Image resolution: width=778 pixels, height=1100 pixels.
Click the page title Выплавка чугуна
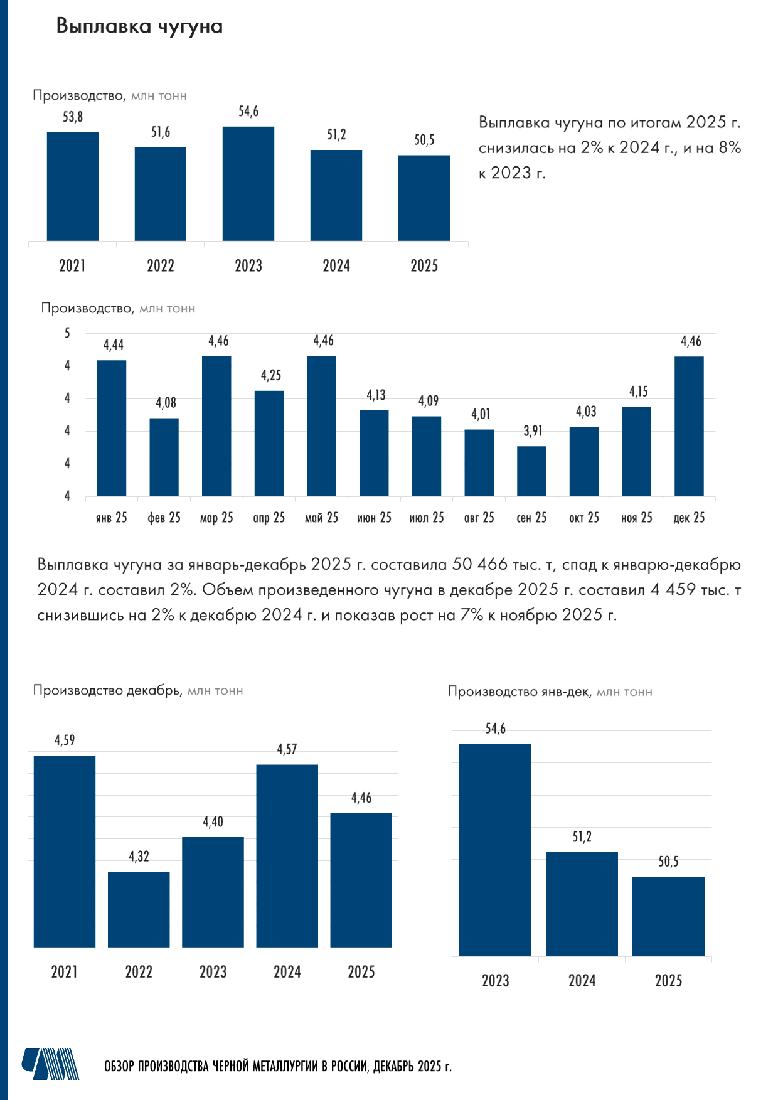click(139, 26)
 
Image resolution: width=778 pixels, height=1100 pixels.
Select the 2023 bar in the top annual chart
click(248, 184)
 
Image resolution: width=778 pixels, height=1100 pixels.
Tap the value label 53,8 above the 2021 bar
click(73, 117)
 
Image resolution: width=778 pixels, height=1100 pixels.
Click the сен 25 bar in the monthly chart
click(531, 471)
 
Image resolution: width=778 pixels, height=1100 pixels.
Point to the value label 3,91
click(533, 431)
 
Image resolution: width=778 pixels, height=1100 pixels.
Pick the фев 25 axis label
click(164, 518)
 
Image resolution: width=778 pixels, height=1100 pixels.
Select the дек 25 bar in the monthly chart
click(689, 427)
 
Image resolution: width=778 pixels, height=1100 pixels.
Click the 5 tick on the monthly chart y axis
click(68, 333)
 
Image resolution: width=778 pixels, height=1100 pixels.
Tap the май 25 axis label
click(321, 518)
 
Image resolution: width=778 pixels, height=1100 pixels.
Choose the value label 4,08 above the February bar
click(166, 403)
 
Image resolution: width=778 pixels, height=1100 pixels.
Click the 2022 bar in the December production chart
click(139, 909)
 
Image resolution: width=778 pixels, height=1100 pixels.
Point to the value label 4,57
click(287, 749)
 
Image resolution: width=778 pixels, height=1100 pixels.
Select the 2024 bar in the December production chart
click(287, 856)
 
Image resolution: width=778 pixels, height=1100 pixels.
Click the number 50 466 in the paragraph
click(479, 565)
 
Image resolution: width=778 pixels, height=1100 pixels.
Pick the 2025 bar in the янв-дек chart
click(668, 917)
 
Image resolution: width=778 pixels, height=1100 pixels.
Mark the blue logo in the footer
click(51, 1064)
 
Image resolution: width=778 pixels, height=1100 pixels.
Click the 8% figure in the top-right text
click(729, 148)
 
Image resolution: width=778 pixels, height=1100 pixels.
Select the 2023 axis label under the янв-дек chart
click(495, 981)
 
